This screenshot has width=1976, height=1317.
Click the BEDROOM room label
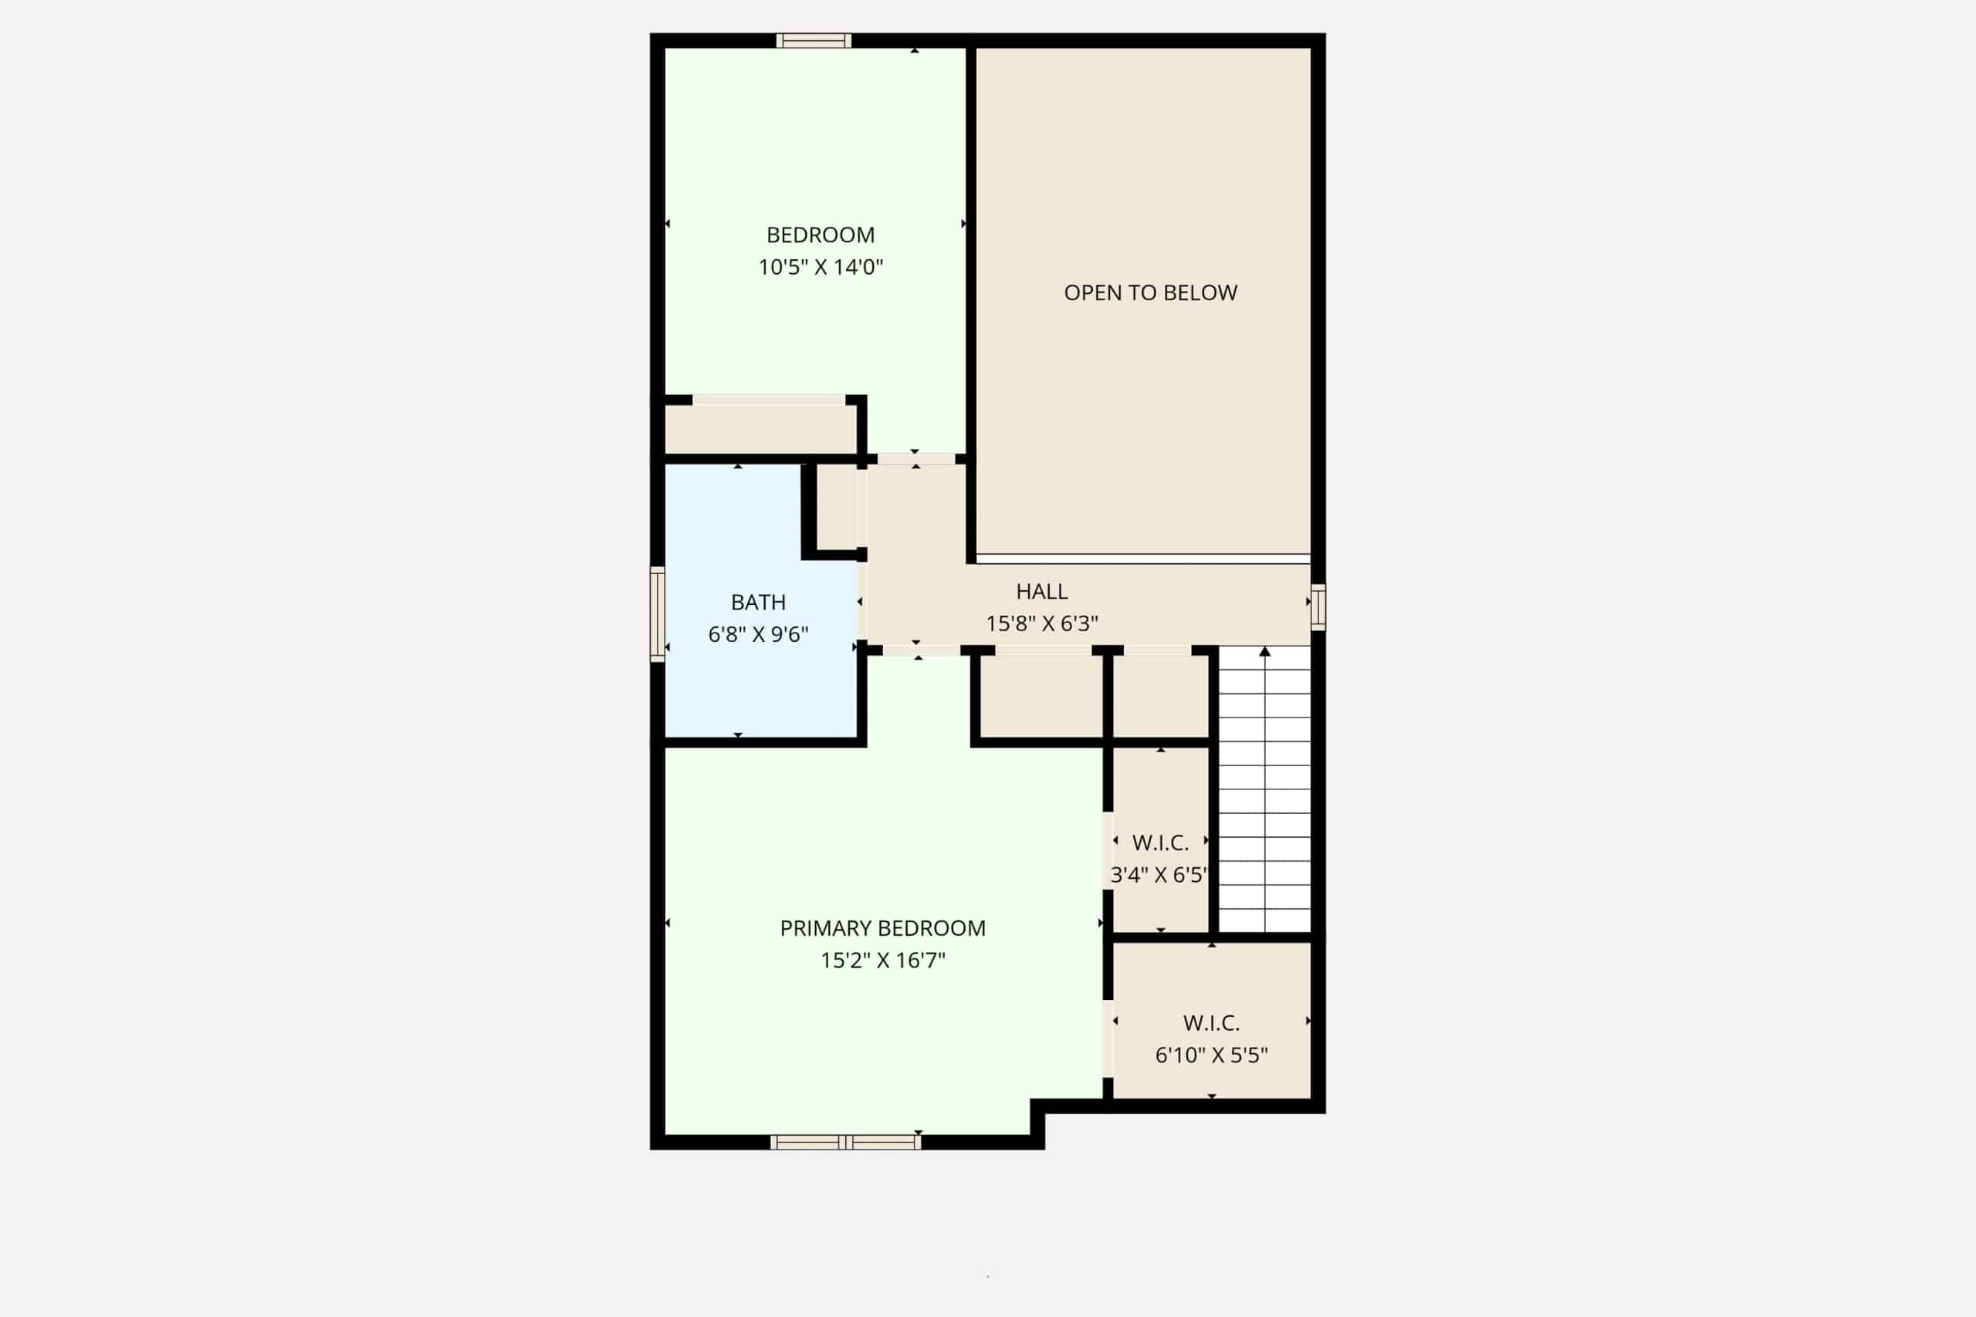coord(820,235)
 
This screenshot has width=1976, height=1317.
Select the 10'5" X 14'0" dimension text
coord(820,267)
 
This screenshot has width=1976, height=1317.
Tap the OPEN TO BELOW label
coord(1150,292)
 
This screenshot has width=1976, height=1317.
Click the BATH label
coord(758,603)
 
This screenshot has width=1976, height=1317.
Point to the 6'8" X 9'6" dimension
coord(758,634)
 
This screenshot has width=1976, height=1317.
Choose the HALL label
coord(1042,591)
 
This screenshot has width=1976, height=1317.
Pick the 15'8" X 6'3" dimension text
coord(1042,623)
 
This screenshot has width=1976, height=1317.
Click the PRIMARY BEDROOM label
coord(882,928)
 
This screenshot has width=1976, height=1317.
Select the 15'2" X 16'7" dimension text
coord(882,960)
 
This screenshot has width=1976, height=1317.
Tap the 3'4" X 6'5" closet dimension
coord(1159,874)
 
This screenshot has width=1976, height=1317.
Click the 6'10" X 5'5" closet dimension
coord(1212,1055)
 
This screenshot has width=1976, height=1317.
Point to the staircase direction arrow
coord(1265,789)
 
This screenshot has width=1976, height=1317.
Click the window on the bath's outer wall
coord(657,614)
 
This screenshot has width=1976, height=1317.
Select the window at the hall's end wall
coord(1318,606)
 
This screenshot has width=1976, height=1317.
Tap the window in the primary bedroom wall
coord(845,1141)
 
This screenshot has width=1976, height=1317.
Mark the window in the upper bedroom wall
coord(814,40)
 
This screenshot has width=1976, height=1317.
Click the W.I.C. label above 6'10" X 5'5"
coord(1212,1023)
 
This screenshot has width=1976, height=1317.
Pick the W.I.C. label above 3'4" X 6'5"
coord(1160,843)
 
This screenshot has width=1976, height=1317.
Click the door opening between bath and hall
coord(862,601)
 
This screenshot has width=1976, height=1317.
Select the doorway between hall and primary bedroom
coord(921,650)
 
